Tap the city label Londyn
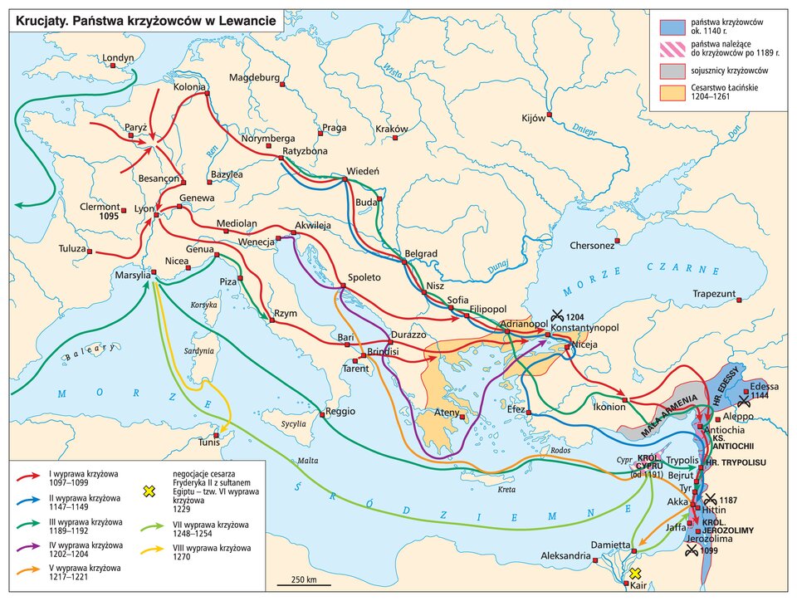pyautogui.click(x=117, y=58)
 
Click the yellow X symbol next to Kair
pyautogui.click(x=636, y=574)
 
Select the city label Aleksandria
pyautogui.click(x=566, y=555)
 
